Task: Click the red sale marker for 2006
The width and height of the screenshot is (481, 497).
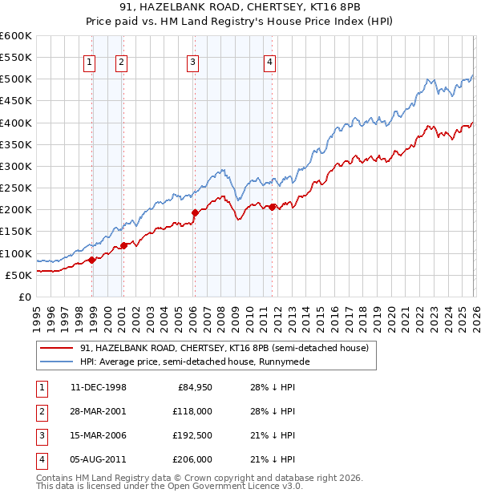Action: [x=195, y=212]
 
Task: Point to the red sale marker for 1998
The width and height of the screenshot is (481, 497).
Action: [x=92, y=259]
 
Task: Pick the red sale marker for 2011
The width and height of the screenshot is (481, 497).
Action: [x=272, y=207]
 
